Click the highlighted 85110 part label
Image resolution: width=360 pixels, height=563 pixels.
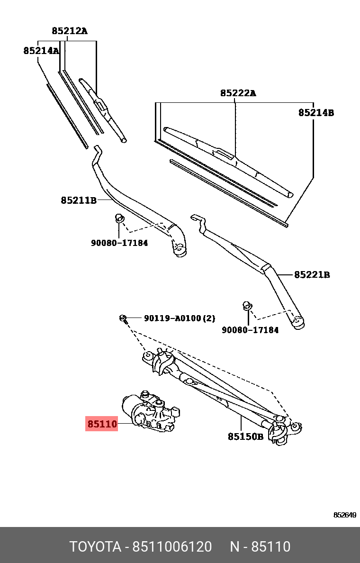click(x=101, y=424)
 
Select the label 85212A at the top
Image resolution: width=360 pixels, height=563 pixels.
click(x=69, y=31)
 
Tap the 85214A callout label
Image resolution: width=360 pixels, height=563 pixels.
click(x=41, y=51)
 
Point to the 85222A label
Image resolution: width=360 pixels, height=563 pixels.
click(x=238, y=93)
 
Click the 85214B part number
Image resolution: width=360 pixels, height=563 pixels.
click(x=316, y=113)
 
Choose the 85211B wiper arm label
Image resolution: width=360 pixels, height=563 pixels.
click(x=79, y=200)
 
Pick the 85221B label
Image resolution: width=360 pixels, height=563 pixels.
click(x=312, y=275)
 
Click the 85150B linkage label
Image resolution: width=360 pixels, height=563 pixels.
click(x=245, y=436)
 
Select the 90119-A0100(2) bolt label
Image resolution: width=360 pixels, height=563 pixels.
click(x=180, y=318)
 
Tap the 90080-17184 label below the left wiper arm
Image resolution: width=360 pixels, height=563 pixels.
click(x=119, y=243)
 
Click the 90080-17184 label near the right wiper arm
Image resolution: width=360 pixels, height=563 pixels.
click(x=250, y=330)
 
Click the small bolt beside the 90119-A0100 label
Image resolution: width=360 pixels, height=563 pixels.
click(x=123, y=318)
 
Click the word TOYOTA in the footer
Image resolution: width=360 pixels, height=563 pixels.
click(x=95, y=546)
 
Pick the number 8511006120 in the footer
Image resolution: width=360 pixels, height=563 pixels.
click(x=172, y=546)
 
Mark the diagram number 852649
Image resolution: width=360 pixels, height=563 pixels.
click(x=344, y=515)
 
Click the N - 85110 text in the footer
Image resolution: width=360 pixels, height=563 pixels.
click(x=260, y=546)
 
